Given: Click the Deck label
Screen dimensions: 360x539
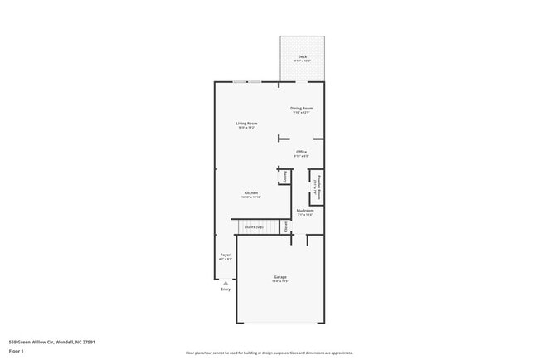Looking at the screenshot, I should click(x=302, y=56).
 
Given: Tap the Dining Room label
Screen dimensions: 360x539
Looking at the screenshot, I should click(x=301, y=108).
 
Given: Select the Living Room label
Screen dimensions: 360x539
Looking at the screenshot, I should click(x=246, y=124).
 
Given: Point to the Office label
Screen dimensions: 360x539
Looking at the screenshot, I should click(x=301, y=152).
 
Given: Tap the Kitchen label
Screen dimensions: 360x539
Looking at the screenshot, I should click(x=250, y=192).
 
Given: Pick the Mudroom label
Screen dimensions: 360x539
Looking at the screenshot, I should click(x=305, y=211).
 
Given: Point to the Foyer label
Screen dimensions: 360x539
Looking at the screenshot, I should click(x=225, y=255).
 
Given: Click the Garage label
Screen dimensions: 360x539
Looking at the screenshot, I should click(x=279, y=276).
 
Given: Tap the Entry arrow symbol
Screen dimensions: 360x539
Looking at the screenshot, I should click(x=225, y=283).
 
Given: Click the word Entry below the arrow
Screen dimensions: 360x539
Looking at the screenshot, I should click(x=225, y=289).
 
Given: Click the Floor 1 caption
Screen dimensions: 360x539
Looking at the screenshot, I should click(x=17, y=352).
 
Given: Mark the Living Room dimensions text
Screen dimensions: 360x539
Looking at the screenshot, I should click(x=246, y=128).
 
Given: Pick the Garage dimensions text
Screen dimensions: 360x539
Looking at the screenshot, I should click(x=279, y=281).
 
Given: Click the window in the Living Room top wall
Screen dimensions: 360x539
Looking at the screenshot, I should click(x=246, y=81).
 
